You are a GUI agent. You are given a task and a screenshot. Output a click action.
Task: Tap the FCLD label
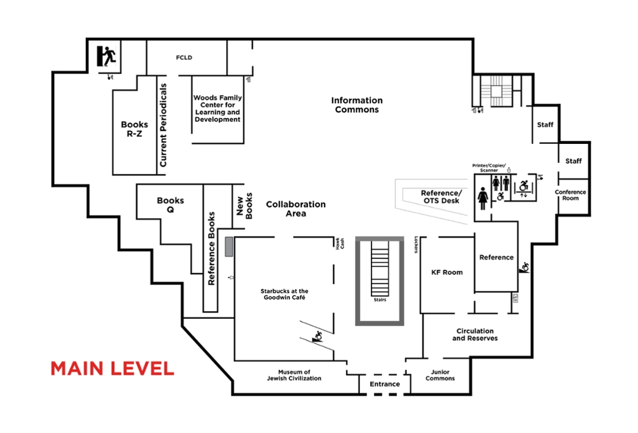[184, 58]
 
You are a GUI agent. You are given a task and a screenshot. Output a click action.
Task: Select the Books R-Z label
[134, 128]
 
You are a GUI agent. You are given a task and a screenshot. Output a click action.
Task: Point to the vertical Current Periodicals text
[163, 125]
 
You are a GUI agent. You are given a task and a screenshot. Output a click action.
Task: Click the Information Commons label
[357, 105]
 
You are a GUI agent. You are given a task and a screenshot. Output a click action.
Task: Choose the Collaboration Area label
[296, 209]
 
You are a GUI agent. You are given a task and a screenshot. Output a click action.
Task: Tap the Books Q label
[170, 205]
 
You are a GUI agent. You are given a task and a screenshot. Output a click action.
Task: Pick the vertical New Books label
[245, 205]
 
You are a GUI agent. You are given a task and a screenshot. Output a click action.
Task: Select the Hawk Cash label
[338, 244]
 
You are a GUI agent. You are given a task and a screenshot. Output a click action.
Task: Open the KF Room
[446, 272]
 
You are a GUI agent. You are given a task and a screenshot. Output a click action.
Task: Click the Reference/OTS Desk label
[441, 197]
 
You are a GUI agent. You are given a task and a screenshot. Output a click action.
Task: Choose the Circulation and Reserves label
[475, 335]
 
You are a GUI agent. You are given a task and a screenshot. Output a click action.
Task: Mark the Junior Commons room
[440, 376]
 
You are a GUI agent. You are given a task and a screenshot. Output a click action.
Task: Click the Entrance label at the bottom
[385, 384]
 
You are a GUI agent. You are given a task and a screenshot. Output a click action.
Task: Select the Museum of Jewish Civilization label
[294, 375]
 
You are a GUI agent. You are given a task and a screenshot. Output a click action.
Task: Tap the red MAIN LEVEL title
[112, 369]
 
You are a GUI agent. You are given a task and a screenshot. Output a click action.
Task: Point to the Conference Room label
[570, 195]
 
